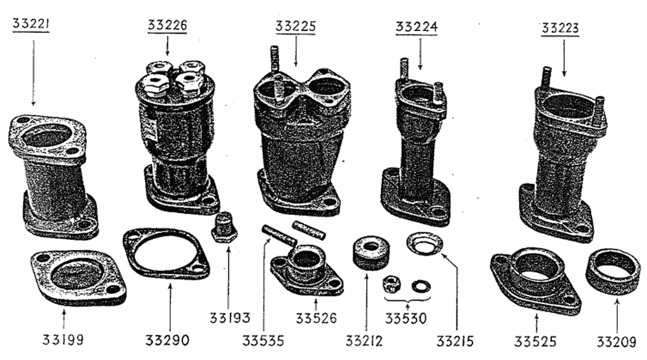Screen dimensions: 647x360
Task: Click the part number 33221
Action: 31,23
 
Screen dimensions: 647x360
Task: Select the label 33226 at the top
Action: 167,25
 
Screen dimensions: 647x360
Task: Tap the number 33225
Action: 296,27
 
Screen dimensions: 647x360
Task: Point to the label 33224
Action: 416,27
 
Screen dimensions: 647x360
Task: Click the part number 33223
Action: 560,28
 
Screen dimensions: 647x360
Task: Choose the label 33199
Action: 63,340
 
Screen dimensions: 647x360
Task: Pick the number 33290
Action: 167,341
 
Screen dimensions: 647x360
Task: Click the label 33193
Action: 230,318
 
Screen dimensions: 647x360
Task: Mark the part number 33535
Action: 263,341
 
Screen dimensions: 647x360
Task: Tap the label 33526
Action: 316,319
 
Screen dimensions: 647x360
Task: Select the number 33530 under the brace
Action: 406,319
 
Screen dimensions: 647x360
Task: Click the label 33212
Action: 364,341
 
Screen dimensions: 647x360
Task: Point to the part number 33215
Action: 455,341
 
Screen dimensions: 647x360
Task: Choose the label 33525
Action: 535,341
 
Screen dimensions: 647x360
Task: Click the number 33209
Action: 617,342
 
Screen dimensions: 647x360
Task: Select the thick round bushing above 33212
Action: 371,253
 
